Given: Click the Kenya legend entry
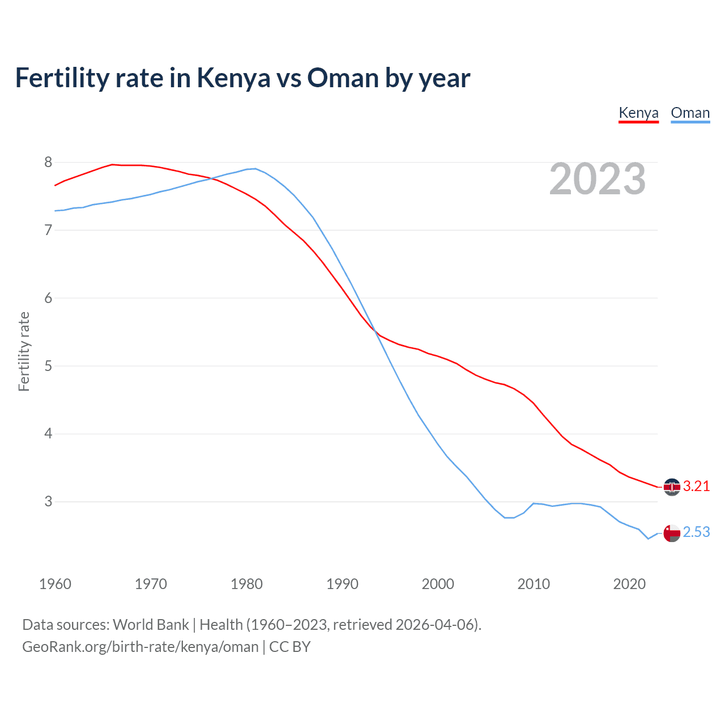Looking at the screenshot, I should click(638, 113).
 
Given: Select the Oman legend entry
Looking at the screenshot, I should click(690, 113).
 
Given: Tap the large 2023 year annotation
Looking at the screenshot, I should click(598, 179).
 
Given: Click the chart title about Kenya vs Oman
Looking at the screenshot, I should click(242, 78).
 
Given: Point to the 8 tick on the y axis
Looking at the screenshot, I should click(48, 163).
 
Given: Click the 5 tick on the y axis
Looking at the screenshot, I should click(48, 366).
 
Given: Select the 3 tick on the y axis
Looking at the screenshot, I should click(48, 502).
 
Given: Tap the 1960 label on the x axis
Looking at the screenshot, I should click(55, 584).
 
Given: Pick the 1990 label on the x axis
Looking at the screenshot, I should click(342, 584).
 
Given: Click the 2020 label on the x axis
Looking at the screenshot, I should click(629, 584).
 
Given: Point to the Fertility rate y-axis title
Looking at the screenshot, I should click(24, 351).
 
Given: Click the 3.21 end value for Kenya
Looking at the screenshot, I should click(696, 487).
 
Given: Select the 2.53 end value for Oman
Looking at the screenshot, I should click(696, 532).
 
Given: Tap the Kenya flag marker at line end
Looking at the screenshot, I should click(672, 487).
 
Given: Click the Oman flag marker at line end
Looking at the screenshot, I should click(672, 534).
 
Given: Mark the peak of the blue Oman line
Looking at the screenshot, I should click(255, 168).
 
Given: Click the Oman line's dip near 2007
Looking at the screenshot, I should click(509, 518).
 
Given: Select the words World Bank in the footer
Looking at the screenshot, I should click(151, 625).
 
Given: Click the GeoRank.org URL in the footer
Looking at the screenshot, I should click(140, 647).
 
